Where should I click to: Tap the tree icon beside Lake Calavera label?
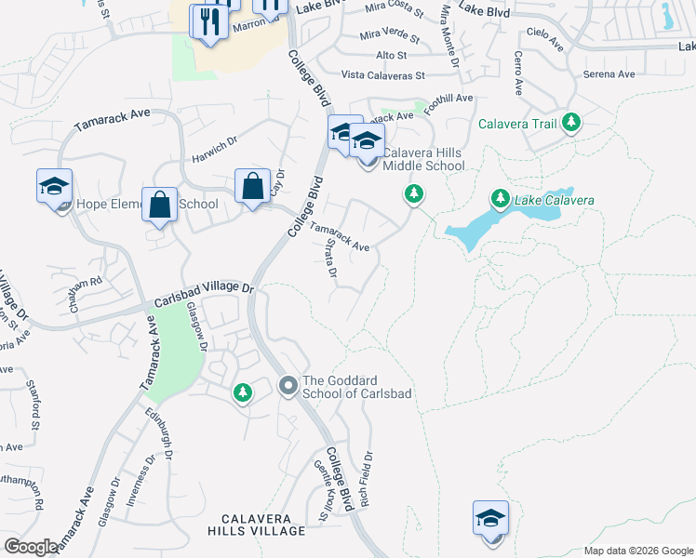pos(501,199)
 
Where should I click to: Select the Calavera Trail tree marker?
pos(571,123)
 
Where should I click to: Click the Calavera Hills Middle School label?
pos(423,159)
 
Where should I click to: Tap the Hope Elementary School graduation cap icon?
pos(54,187)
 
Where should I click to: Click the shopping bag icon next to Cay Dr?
pos(252,186)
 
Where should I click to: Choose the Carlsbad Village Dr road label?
pos(205,289)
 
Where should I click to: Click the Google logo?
pos(31,547)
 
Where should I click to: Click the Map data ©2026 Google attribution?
pos(638,551)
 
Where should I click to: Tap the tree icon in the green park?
pos(242,393)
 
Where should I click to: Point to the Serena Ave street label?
pos(609,74)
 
